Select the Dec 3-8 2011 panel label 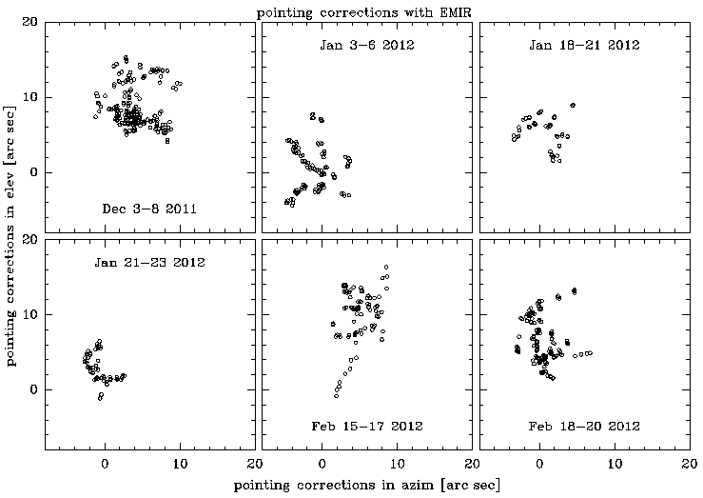(148, 209)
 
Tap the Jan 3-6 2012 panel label (366, 45)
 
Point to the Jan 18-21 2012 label (585, 45)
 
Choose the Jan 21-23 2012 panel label (149, 262)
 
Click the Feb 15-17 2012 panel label (366, 426)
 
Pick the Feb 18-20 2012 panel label (585, 426)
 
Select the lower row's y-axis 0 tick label (36, 389)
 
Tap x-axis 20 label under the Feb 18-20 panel (688, 463)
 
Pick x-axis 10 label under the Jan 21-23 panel (180, 463)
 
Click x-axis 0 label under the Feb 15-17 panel (322, 463)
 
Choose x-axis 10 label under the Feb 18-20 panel (615, 463)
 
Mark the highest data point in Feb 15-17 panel (386, 267)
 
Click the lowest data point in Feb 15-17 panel (336, 394)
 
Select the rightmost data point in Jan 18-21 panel (573, 105)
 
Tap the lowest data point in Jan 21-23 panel (100, 398)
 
